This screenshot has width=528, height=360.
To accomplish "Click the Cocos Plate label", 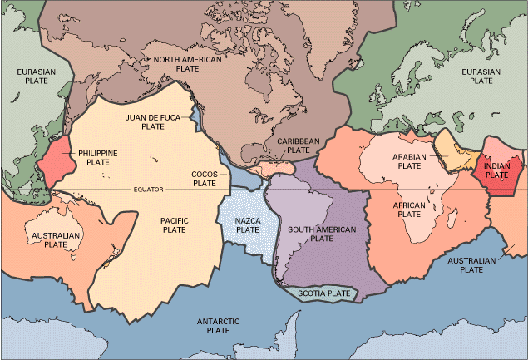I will click(205, 178).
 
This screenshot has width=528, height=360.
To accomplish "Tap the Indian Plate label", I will click(496, 170).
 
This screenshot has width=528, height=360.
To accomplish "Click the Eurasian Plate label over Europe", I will click(481, 76).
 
